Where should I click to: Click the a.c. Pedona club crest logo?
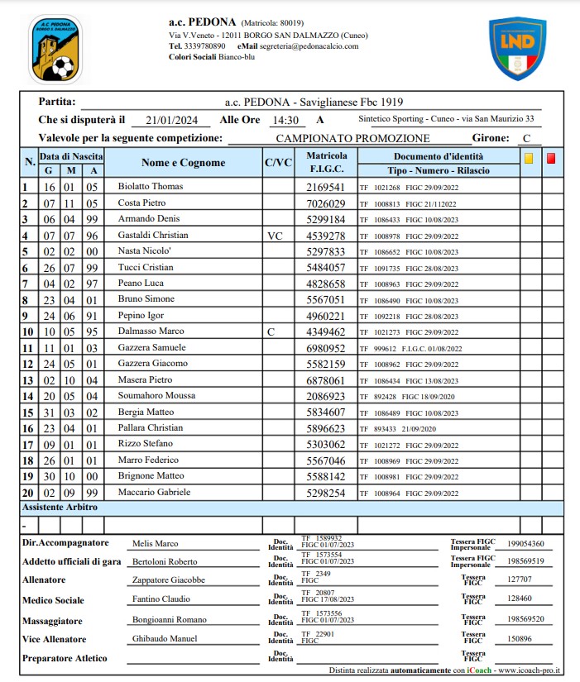[x=56, y=49]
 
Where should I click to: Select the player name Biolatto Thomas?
[x=151, y=187]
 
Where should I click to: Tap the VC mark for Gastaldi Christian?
[x=276, y=235]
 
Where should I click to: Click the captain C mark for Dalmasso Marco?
[x=270, y=331]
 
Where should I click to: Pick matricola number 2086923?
[x=325, y=396]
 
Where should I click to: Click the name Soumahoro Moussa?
[x=158, y=396]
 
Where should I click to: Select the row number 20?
[x=27, y=492]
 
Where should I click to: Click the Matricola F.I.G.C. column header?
[x=326, y=163]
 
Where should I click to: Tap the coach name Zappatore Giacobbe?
[x=169, y=579]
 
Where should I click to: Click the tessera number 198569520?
[x=526, y=619]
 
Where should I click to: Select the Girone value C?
[x=526, y=139]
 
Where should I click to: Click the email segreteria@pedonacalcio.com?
[x=309, y=47]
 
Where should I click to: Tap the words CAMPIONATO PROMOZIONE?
[x=352, y=139]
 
